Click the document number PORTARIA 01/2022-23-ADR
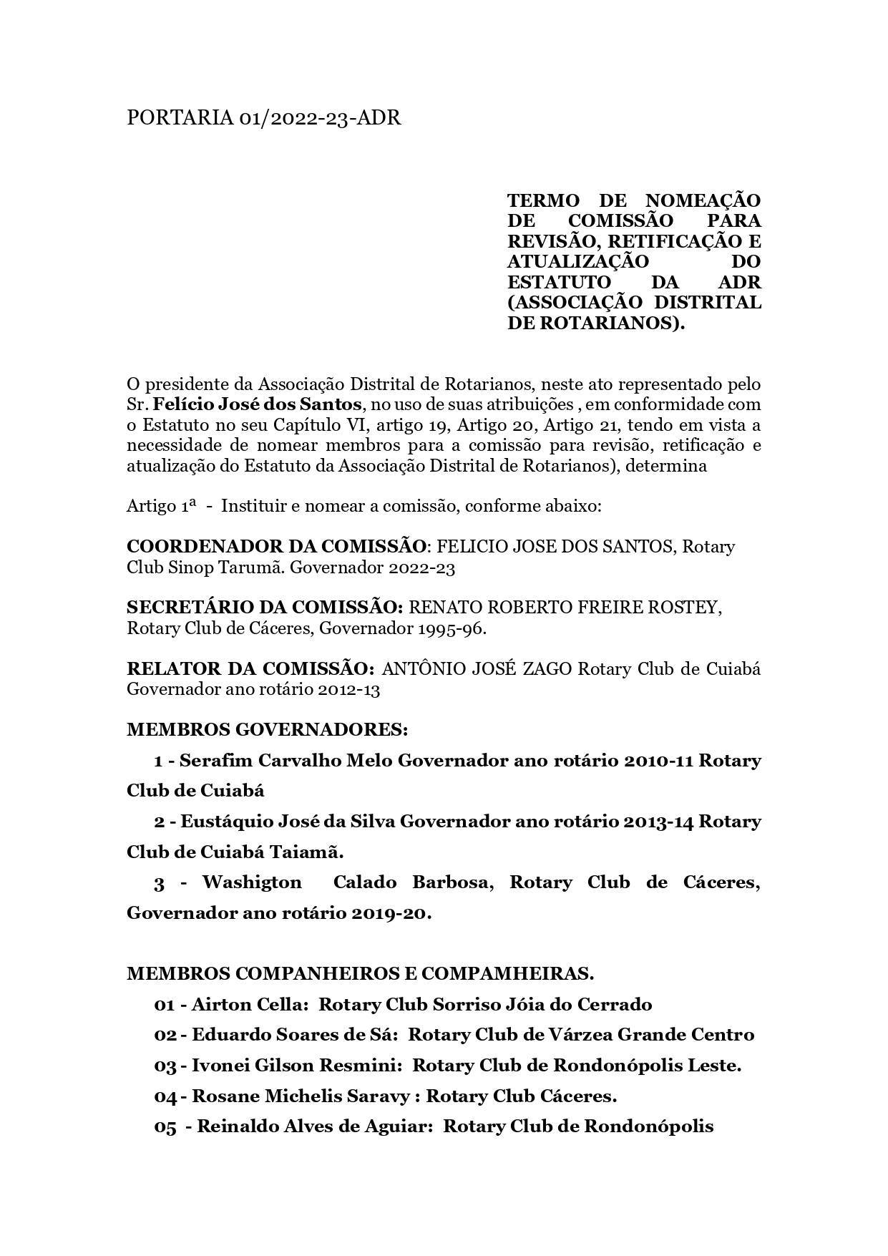263,117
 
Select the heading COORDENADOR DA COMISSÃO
276,546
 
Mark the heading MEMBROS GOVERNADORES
267,729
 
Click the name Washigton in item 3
252,882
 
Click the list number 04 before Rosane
165,1096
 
